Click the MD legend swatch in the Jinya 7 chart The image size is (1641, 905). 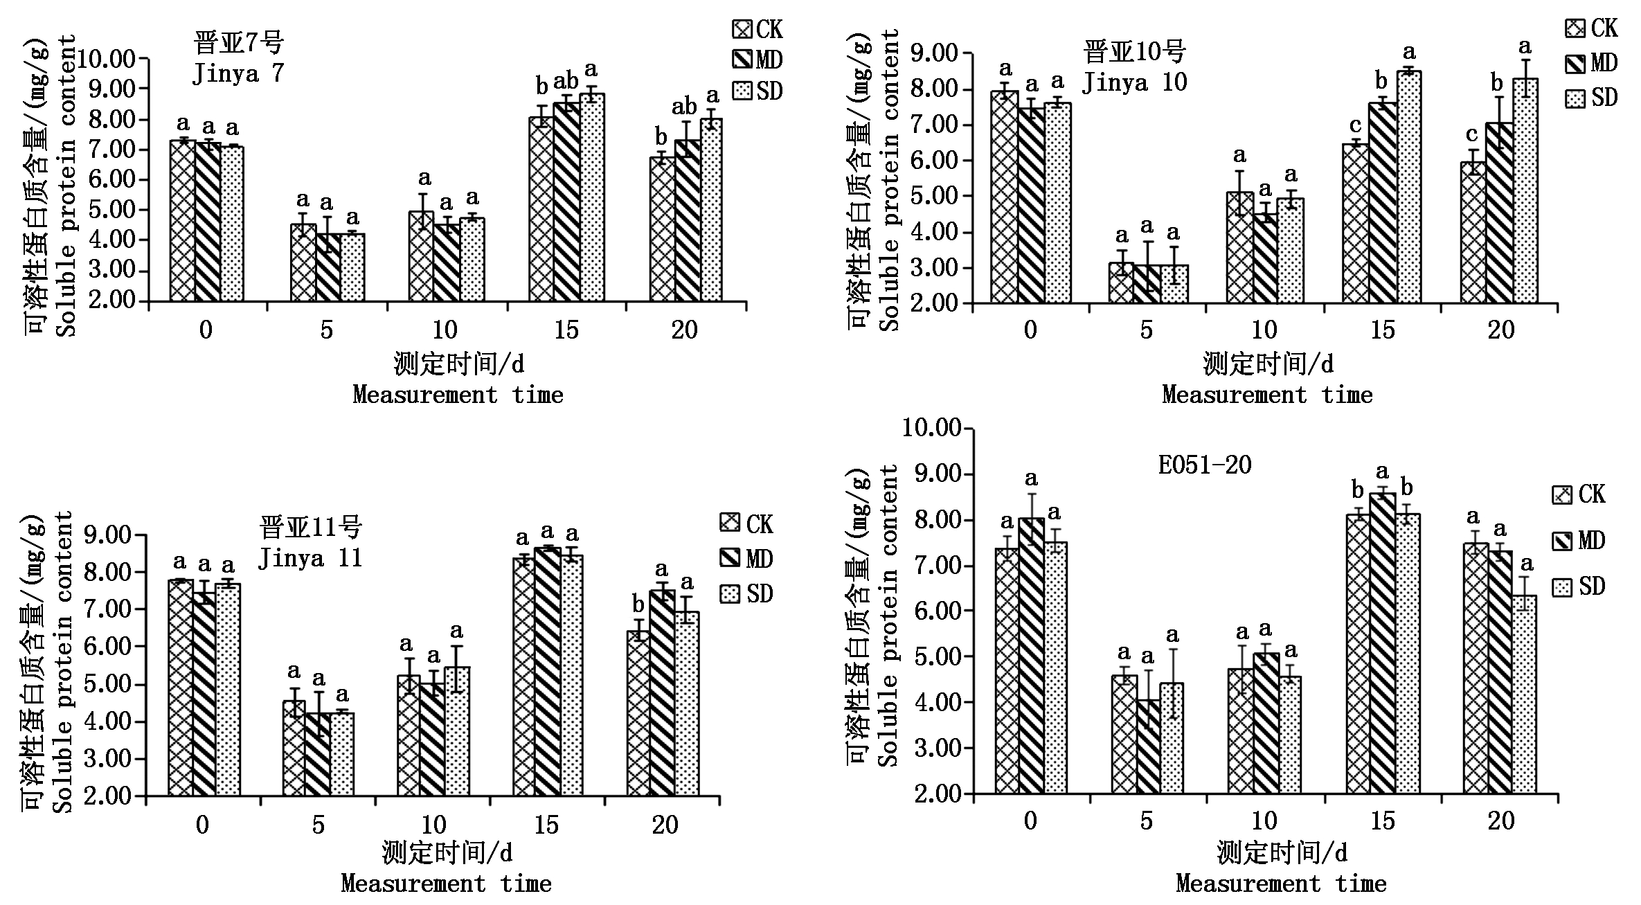[742, 60]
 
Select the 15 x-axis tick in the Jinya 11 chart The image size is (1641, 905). [547, 825]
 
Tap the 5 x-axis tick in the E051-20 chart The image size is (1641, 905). [1147, 821]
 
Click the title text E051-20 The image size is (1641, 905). [1205, 465]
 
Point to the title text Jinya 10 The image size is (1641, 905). [1134, 82]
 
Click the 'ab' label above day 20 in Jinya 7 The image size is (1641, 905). [684, 107]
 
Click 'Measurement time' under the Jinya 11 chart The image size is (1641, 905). [447, 884]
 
